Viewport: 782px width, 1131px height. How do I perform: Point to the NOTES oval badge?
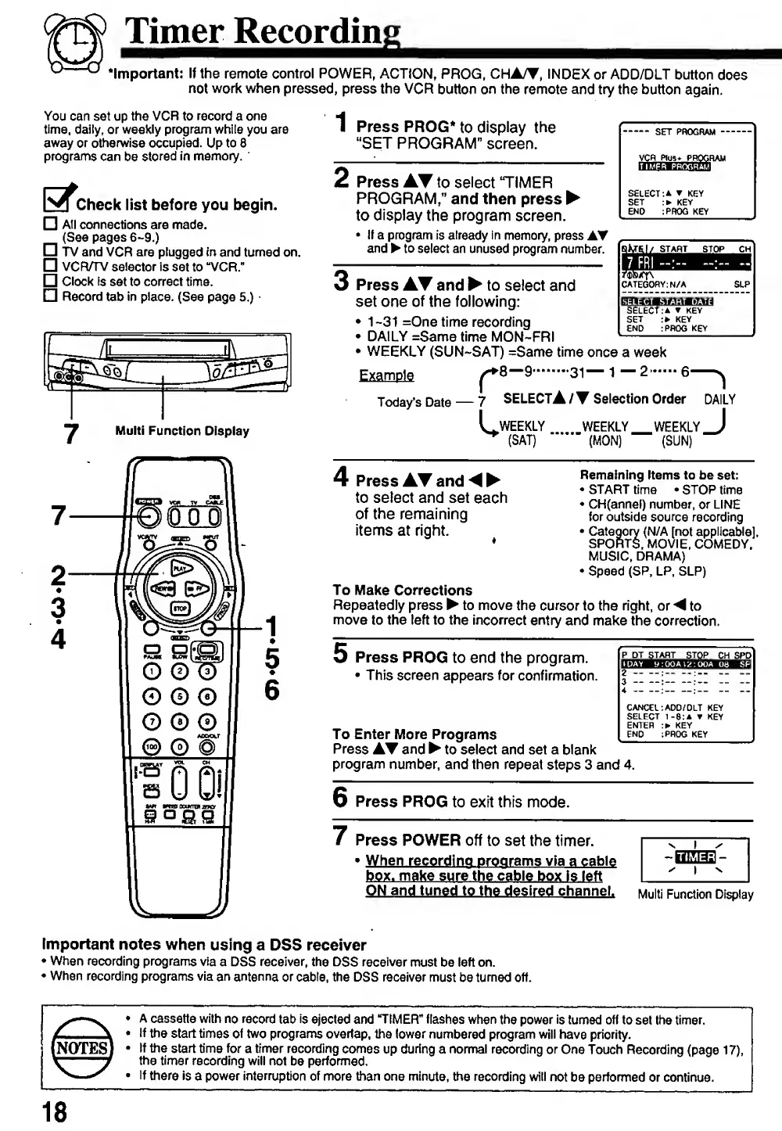tap(79, 1047)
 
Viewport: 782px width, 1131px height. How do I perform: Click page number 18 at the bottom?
tap(55, 1111)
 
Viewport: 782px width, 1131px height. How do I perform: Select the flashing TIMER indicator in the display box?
tap(695, 858)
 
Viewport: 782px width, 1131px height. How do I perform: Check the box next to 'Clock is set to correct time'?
tap(50, 281)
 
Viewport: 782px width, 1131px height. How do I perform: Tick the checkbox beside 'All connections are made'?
tap(50, 224)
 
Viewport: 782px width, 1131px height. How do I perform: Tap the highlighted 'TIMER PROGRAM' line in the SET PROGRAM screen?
tap(674, 167)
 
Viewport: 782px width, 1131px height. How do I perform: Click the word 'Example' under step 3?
tap(386, 375)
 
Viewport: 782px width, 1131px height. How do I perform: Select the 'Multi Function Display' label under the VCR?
tap(182, 431)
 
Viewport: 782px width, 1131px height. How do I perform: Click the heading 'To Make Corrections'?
tap(403, 591)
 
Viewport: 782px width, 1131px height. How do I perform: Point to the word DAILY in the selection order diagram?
tap(719, 399)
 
